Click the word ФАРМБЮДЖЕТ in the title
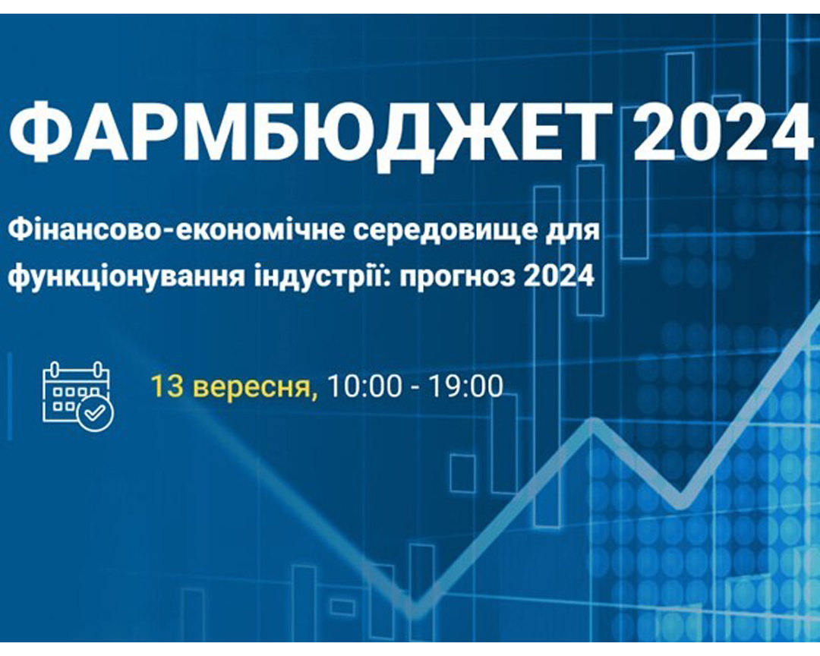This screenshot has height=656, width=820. coord(310,131)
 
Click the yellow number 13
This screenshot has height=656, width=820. coord(166,386)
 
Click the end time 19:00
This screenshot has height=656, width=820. coord(466,386)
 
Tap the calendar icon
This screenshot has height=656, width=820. coord(78,396)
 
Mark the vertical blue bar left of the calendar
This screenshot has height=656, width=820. coord(9,396)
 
